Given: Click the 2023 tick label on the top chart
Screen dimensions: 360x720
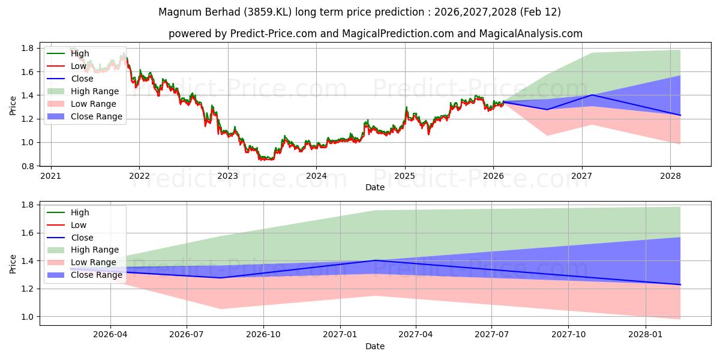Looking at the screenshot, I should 228,176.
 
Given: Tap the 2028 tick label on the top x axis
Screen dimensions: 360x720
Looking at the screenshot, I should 670,176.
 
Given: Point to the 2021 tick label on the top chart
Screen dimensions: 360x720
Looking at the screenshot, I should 51,176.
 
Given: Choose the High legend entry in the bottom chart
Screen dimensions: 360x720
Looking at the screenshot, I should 80,212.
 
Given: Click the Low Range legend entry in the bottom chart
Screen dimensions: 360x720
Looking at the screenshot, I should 94,262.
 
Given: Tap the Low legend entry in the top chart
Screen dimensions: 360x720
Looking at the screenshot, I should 79,66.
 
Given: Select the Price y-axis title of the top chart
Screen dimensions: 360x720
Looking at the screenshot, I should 13,106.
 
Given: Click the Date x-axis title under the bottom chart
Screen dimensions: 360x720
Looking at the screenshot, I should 375,346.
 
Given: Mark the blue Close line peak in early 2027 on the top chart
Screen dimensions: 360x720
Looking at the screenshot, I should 592,95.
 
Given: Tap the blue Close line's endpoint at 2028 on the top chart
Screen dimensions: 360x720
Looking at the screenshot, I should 680,115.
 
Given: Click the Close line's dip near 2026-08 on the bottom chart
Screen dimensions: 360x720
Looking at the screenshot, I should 220,277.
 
